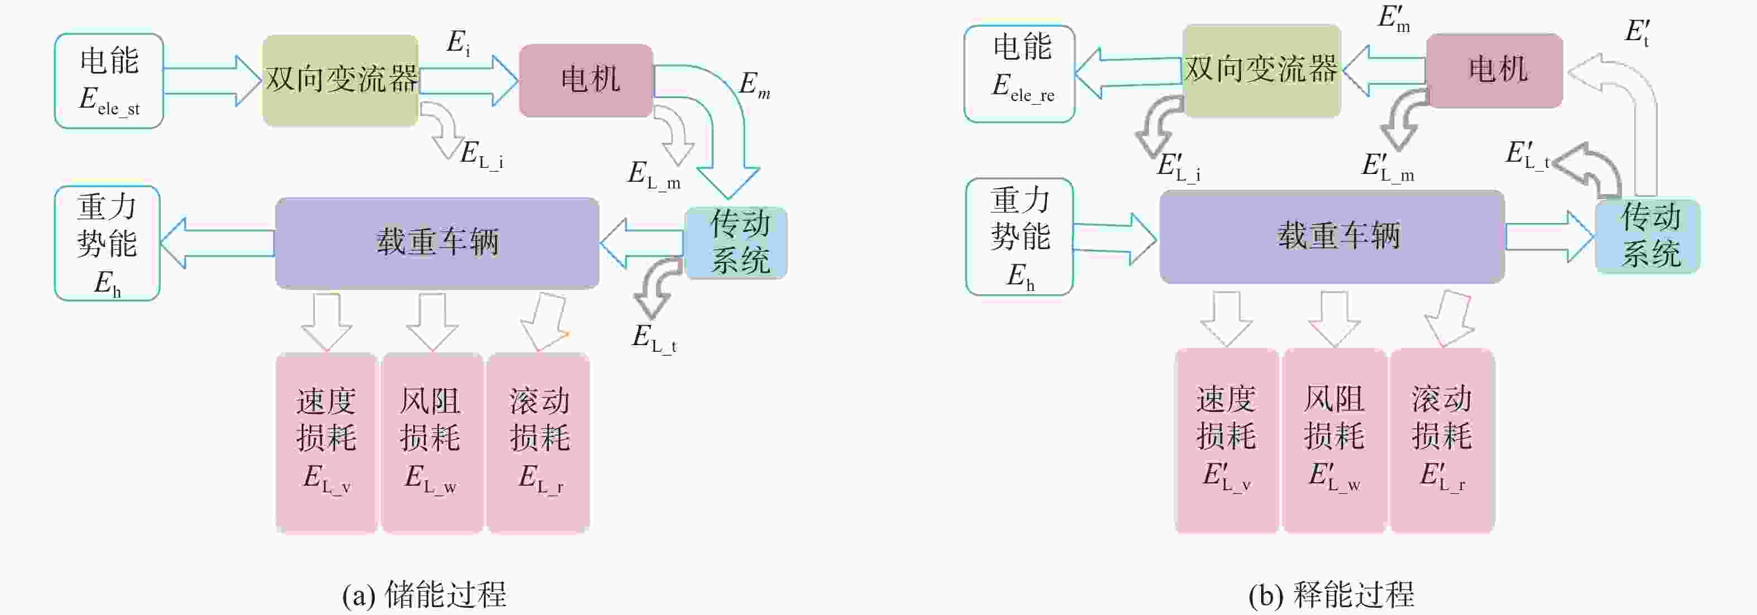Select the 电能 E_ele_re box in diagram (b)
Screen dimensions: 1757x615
click(x=1020, y=74)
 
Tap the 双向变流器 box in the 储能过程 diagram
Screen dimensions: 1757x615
click(x=340, y=80)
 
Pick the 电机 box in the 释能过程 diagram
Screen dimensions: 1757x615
click(x=1494, y=71)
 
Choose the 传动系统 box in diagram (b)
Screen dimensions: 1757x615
click(x=1648, y=236)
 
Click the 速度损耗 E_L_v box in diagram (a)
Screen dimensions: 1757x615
click(x=327, y=443)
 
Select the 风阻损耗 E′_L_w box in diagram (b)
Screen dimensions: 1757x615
click(x=1334, y=440)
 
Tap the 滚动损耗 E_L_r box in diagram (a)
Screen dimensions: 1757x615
click(x=538, y=443)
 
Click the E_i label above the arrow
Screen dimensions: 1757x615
click(x=458, y=43)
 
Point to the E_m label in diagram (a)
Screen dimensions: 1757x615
click(x=754, y=85)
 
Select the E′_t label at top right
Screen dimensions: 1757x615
click(x=1637, y=32)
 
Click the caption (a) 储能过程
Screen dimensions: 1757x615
click(x=424, y=594)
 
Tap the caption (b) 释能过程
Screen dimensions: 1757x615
click(x=1331, y=594)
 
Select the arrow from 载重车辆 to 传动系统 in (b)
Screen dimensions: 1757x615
click(x=1550, y=236)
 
